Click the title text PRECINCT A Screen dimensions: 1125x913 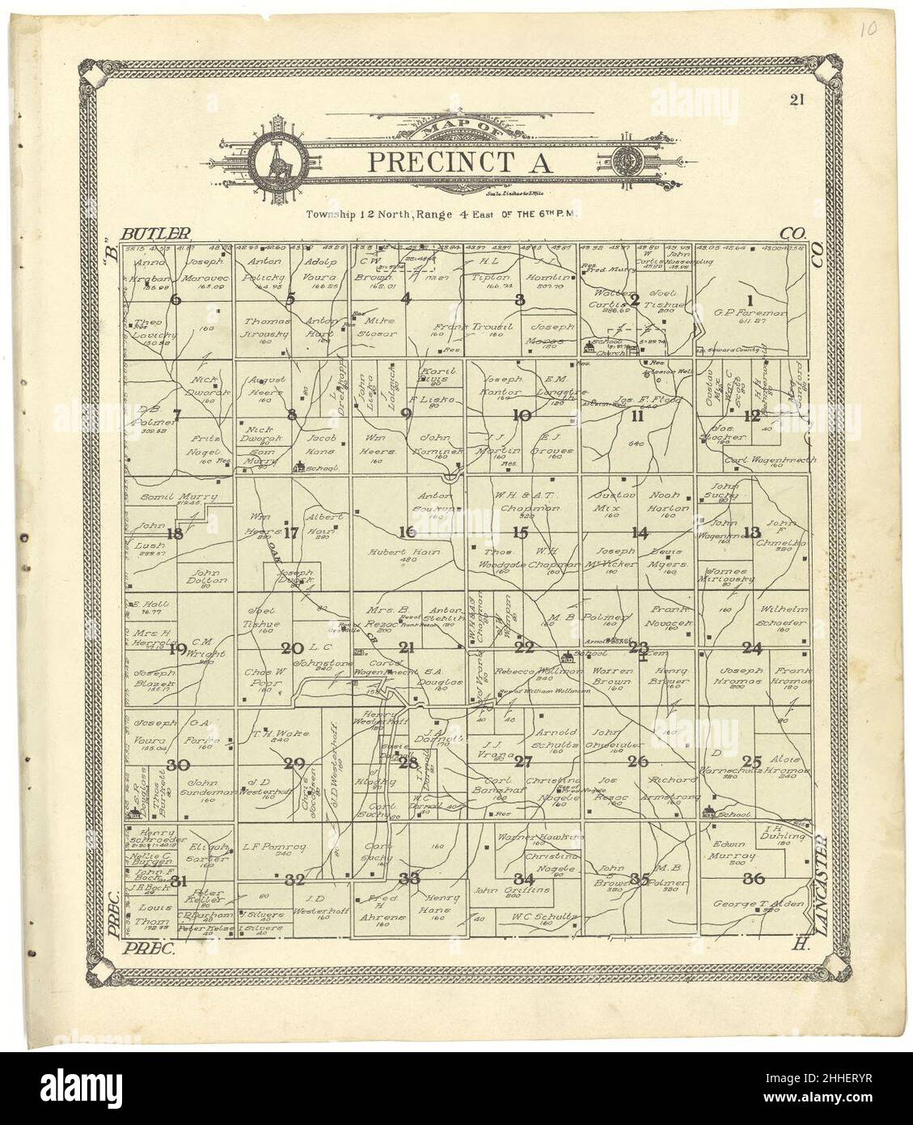click(x=460, y=160)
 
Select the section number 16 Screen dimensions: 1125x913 click(x=407, y=532)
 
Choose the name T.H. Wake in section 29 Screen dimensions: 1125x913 click(x=273, y=734)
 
